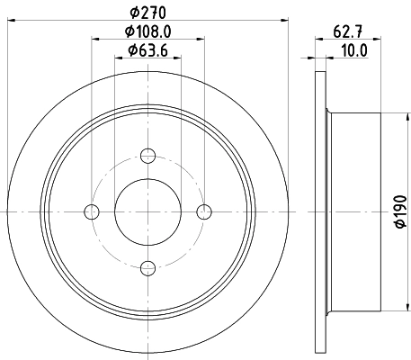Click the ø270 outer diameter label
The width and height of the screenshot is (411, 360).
[148, 12]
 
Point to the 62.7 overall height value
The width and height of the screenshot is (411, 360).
[342, 32]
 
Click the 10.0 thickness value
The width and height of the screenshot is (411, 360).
[357, 50]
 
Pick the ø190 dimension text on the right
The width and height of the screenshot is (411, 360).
[400, 211]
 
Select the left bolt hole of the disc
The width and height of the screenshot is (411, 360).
[91, 211]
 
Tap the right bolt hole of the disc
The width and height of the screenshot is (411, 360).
[205, 211]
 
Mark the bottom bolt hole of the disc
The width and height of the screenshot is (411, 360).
[148, 267]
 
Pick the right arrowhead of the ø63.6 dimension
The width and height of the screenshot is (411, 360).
[178, 57]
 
